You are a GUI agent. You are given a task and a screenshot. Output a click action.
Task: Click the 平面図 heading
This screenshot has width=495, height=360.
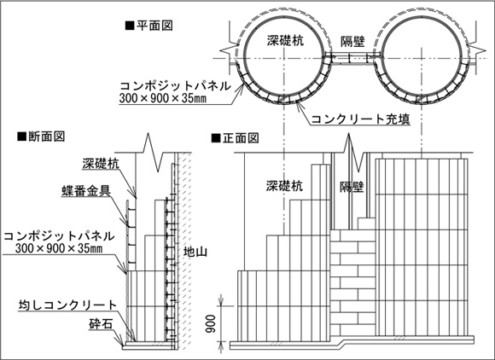[154, 26]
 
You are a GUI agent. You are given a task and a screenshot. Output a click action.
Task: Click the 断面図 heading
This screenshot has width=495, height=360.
[46, 136]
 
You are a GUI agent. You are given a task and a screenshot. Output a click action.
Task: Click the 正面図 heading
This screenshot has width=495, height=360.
[241, 138]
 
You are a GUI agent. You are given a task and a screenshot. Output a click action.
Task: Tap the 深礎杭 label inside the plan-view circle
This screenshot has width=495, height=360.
[285, 40]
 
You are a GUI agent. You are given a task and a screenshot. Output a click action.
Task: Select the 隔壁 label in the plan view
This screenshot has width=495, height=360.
[352, 41]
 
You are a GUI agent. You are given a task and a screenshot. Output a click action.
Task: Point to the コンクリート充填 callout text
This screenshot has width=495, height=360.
[360, 119]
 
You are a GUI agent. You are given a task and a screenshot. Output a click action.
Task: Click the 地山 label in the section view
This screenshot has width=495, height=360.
[195, 252]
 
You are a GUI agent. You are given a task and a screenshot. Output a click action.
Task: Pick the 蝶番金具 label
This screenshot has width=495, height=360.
[86, 190]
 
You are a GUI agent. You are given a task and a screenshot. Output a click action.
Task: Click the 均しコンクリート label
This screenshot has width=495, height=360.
[67, 305]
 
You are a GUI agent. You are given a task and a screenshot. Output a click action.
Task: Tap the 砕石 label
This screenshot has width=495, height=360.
[101, 324]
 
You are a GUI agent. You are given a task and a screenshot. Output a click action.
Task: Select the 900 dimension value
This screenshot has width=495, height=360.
[210, 323]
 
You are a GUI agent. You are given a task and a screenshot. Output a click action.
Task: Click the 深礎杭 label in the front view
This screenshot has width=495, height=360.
[284, 185]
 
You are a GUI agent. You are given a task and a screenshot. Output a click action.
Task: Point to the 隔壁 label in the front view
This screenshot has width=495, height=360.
[352, 187]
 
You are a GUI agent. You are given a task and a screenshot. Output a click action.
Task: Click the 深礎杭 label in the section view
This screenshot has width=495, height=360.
[101, 164]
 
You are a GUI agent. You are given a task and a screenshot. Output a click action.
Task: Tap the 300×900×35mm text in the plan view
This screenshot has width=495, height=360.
[163, 98]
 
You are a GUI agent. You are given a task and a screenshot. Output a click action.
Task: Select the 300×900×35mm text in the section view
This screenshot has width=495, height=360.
[59, 248]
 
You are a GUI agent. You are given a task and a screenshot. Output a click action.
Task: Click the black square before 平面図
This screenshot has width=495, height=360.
[130, 26]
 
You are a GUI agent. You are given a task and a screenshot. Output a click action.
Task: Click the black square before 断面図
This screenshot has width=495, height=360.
[21, 136]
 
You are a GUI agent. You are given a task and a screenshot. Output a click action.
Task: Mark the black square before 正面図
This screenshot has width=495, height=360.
[216, 138]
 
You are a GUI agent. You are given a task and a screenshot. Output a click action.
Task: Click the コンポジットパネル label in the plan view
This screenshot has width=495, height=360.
[176, 86]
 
